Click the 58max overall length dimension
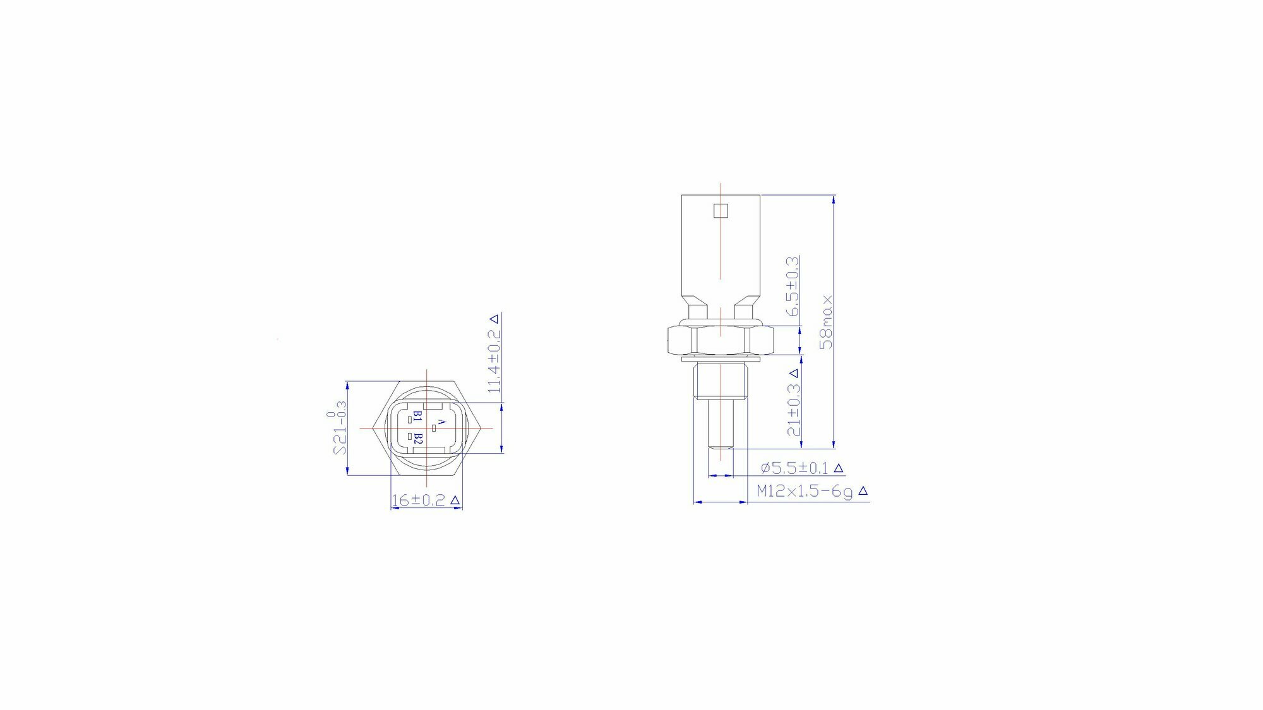click(x=826, y=322)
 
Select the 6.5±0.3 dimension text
click(x=793, y=286)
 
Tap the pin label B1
click(x=417, y=417)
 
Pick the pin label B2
click(x=417, y=439)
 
